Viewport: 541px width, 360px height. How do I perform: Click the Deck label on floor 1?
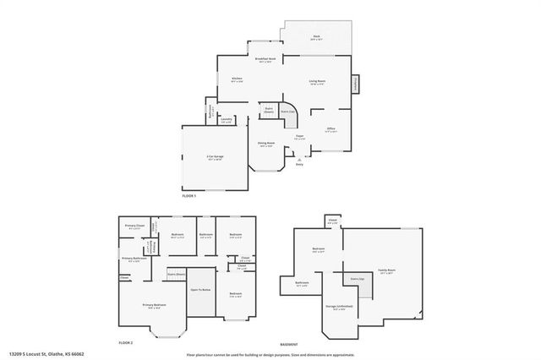(316, 37)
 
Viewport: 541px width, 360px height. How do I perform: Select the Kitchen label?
(238, 79)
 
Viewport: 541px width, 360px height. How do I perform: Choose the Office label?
(331, 129)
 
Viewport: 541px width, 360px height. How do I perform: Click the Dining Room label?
(267, 145)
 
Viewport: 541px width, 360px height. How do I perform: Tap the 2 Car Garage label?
(215, 158)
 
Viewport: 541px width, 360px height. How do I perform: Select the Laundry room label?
(227, 120)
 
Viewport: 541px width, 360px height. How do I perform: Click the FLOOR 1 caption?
(189, 195)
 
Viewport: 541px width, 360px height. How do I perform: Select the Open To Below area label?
(200, 289)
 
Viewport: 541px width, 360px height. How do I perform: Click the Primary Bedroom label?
(154, 305)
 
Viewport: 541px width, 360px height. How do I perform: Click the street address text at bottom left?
(47, 353)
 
